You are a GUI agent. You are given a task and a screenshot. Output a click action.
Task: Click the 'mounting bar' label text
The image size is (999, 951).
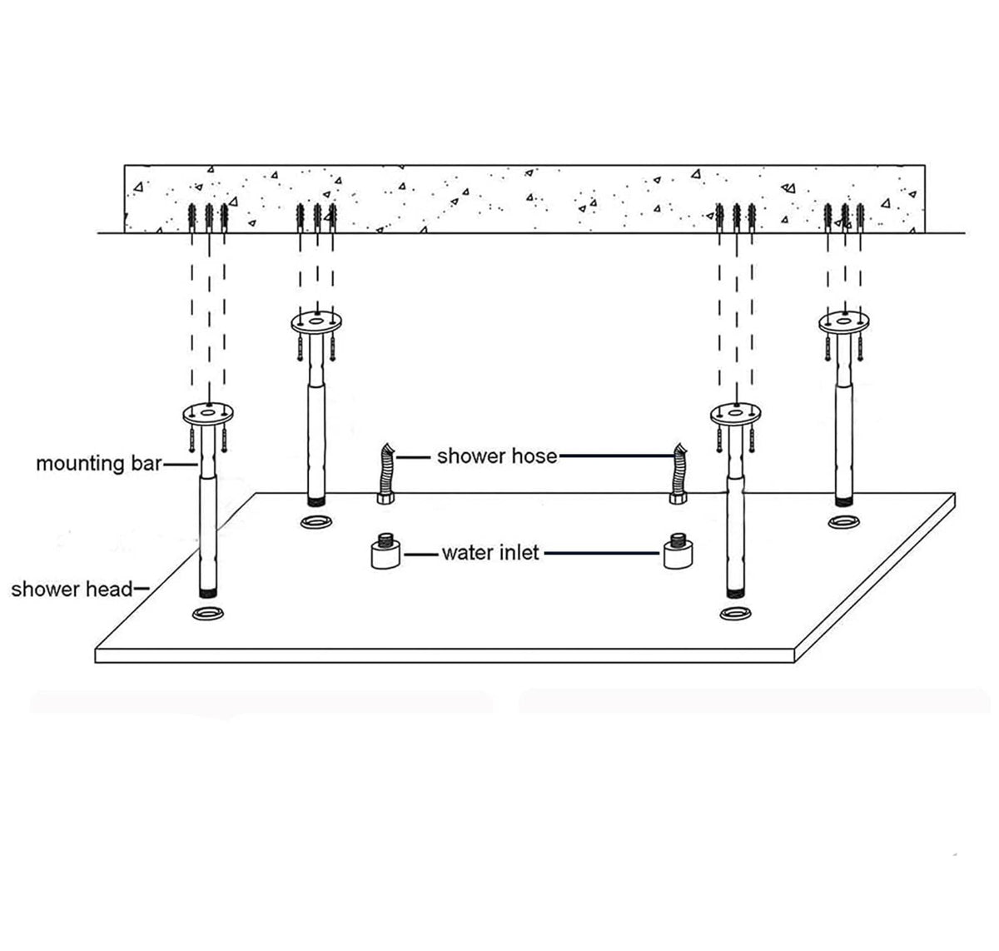(x=98, y=464)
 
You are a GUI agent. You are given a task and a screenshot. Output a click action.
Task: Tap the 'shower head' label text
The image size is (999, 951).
(x=72, y=589)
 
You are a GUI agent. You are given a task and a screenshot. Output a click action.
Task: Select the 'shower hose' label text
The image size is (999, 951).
(x=497, y=456)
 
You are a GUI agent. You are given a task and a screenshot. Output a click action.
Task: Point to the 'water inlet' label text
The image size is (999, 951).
(x=490, y=552)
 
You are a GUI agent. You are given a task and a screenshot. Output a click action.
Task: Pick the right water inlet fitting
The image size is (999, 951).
(x=678, y=550)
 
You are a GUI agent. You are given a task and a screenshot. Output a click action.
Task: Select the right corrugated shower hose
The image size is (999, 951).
(x=678, y=474)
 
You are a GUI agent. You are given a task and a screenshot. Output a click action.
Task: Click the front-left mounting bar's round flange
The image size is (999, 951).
(x=208, y=414)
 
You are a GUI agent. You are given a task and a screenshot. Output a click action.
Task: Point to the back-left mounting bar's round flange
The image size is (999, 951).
(x=316, y=322)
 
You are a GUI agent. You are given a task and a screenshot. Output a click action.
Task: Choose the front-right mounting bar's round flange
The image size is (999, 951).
(x=735, y=414)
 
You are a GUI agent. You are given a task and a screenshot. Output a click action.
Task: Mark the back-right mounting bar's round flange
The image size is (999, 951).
(x=844, y=322)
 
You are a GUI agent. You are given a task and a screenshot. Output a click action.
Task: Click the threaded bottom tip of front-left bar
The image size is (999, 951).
(x=208, y=593)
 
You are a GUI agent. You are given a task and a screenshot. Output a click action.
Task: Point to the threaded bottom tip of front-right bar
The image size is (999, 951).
(x=735, y=593)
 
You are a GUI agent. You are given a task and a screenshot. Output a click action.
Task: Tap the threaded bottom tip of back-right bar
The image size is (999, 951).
(x=844, y=501)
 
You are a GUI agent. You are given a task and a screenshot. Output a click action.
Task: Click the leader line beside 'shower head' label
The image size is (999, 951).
(x=142, y=589)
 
